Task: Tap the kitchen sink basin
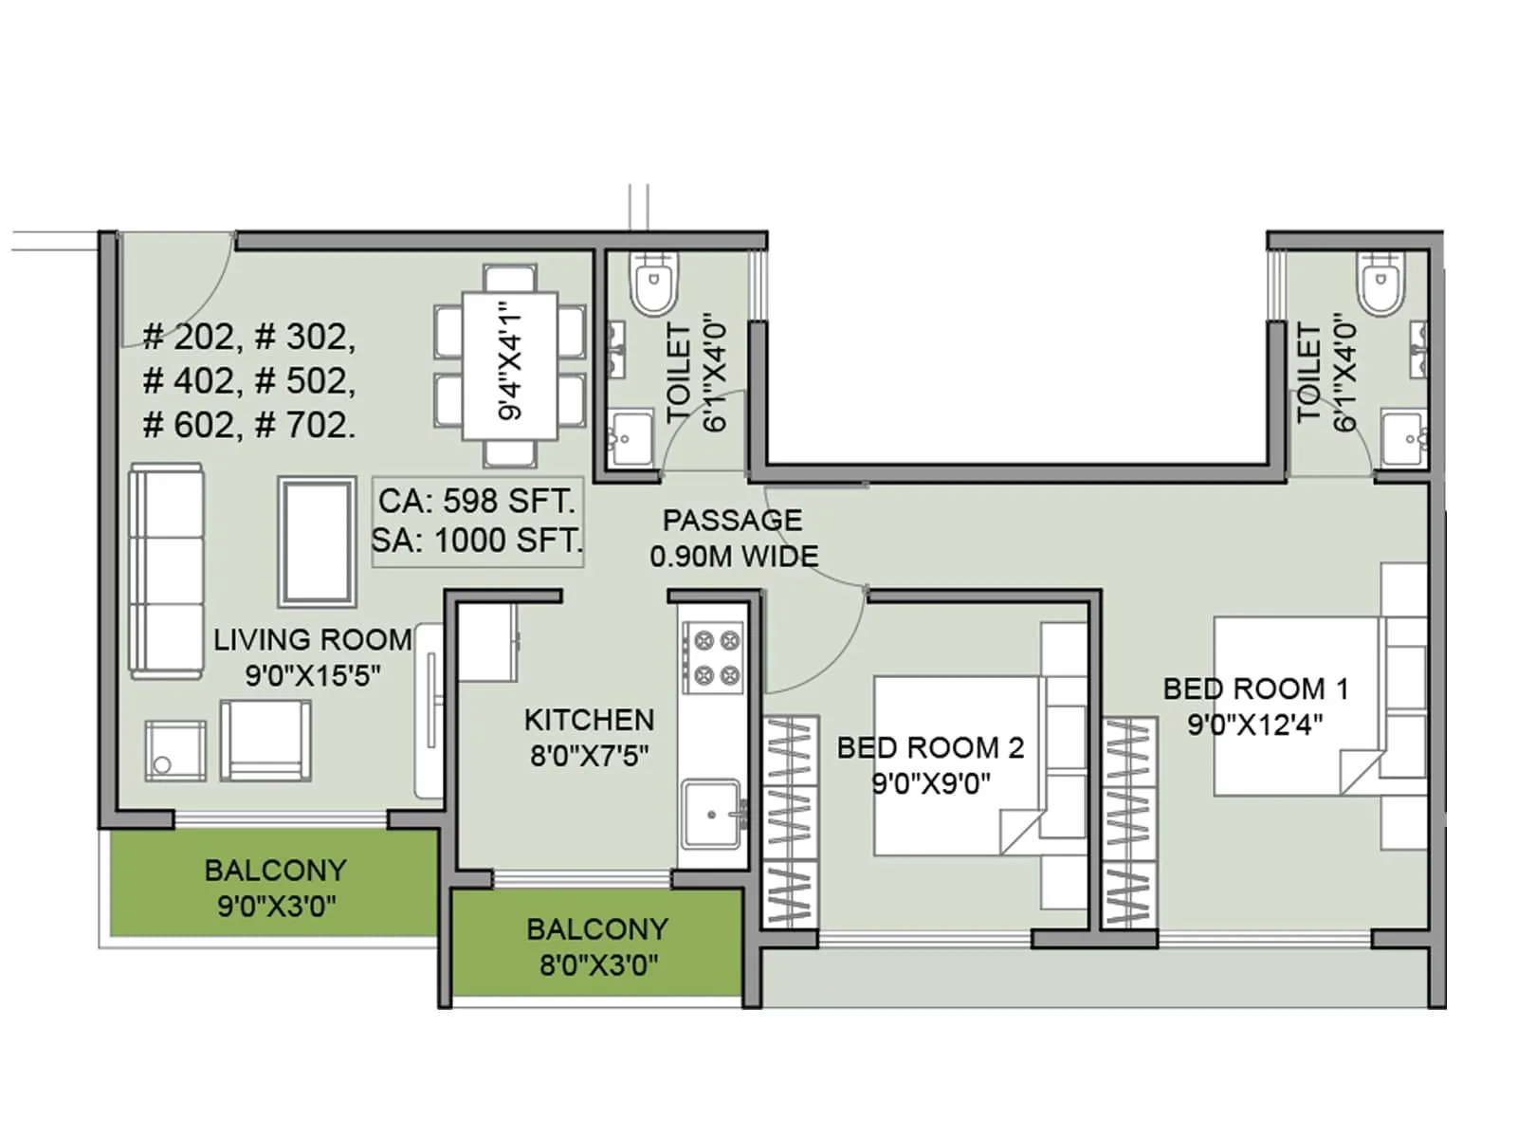[x=711, y=814]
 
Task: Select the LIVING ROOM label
[x=313, y=640]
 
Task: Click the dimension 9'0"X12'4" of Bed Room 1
[x=1255, y=725]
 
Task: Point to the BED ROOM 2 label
[x=930, y=748]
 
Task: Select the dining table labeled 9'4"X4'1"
[x=510, y=366]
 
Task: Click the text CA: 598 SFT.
[x=476, y=501]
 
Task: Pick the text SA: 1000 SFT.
[x=476, y=541]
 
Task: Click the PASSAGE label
[x=732, y=521]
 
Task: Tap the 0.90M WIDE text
[x=734, y=557]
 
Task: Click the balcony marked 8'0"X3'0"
[x=597, y=945]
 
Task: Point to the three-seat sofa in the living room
[x=167, y=571]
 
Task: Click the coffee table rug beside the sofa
[x=318, y=541]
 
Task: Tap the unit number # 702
[x=305, y=425]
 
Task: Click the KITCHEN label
[x=589, y=720]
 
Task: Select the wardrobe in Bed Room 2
[x=790, y=821]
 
